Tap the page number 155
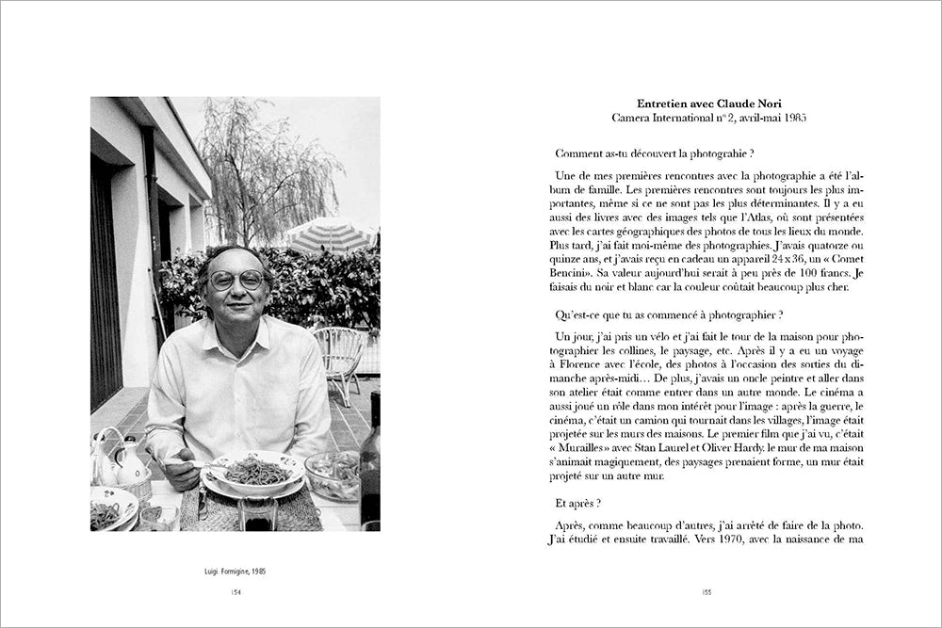click(x=706, y=591)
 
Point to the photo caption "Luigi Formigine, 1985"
click(x=235, y=572)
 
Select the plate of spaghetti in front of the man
click(x=253, y=471)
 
